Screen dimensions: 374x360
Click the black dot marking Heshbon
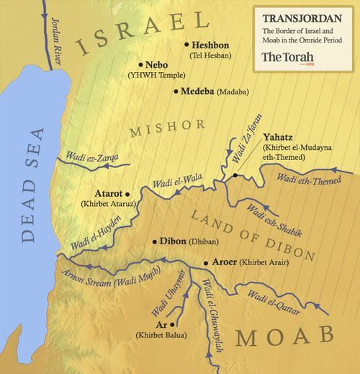point(186,45)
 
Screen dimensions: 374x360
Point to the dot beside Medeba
point(176,92)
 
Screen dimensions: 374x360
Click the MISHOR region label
point(167,127)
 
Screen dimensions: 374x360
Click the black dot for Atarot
point(127,194)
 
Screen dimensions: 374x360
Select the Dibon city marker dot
point(155,242)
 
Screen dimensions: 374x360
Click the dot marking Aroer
point(206,264)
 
